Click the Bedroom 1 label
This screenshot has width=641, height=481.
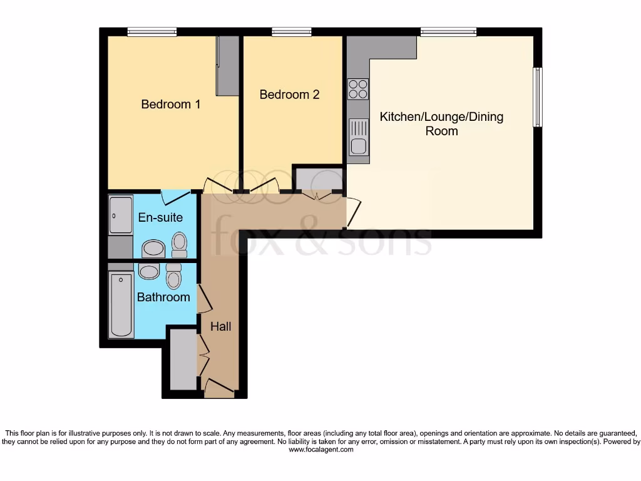pyautogui.click(x=170, y=105)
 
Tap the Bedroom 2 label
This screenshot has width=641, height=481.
pyautogui.click(x=289, y=95)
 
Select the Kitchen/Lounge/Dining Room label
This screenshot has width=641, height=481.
pyautogui.click(x=442, y=123)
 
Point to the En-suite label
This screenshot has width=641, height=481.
pyautogui.click(x=161, y=217)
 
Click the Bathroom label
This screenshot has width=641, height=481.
pyautogui.click(x=163, y=297)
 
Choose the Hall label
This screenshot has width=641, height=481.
pyautogui.click(x=220, y=326)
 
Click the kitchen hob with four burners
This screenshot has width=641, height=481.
pyautogui.click(x=358, y=89)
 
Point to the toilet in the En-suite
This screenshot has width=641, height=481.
pyautogui.click(x=179, y=245)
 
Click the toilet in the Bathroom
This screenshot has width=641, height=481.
pyautogui.click(x=173, y=276)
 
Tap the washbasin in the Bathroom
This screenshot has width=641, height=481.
pyautogui.click(x=148, y=271)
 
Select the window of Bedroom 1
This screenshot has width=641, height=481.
pyautogui.click(x=151, y=32)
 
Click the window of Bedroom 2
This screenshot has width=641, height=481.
pyautogui.click(x=291, y=32)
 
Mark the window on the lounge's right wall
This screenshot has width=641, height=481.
pyautogui.click(x=537, y=97)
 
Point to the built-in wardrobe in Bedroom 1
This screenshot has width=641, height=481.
pyautogui.click(x=227, y=66)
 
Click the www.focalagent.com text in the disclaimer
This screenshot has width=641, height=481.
pyautogui.click(x=320, y=450)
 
